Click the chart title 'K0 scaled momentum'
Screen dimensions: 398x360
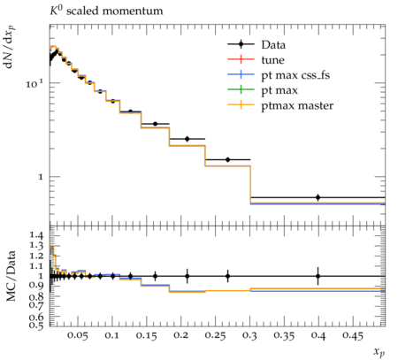[106, 11]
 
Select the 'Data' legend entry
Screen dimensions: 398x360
[256, 45]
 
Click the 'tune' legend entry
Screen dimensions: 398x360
[256, 60]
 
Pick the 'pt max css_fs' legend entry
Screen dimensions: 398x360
[279, 75]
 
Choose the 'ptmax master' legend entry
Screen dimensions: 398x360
[280, 105]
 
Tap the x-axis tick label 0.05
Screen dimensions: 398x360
[78, 335]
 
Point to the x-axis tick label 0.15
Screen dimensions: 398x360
[147, 335]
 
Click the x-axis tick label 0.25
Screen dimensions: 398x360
[216, 335]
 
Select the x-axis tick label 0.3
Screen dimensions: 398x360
[249, 335]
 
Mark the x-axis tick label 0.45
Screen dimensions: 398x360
[353, 335]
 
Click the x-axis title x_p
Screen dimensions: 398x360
[379, 352]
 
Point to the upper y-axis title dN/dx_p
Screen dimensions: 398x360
[10, 47]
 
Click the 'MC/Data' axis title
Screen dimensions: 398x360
[11, 276]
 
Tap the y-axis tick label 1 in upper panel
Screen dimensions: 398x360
[41, 177]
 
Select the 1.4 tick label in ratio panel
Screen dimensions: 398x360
[36, 235]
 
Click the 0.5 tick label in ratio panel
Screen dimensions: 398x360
[36, 325]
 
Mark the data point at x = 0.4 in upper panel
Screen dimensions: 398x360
[318, 197]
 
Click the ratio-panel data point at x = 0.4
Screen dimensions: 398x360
[318, 276]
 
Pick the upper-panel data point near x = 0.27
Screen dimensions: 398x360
[227, 159]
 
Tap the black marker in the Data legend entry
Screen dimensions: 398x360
[241, 44]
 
